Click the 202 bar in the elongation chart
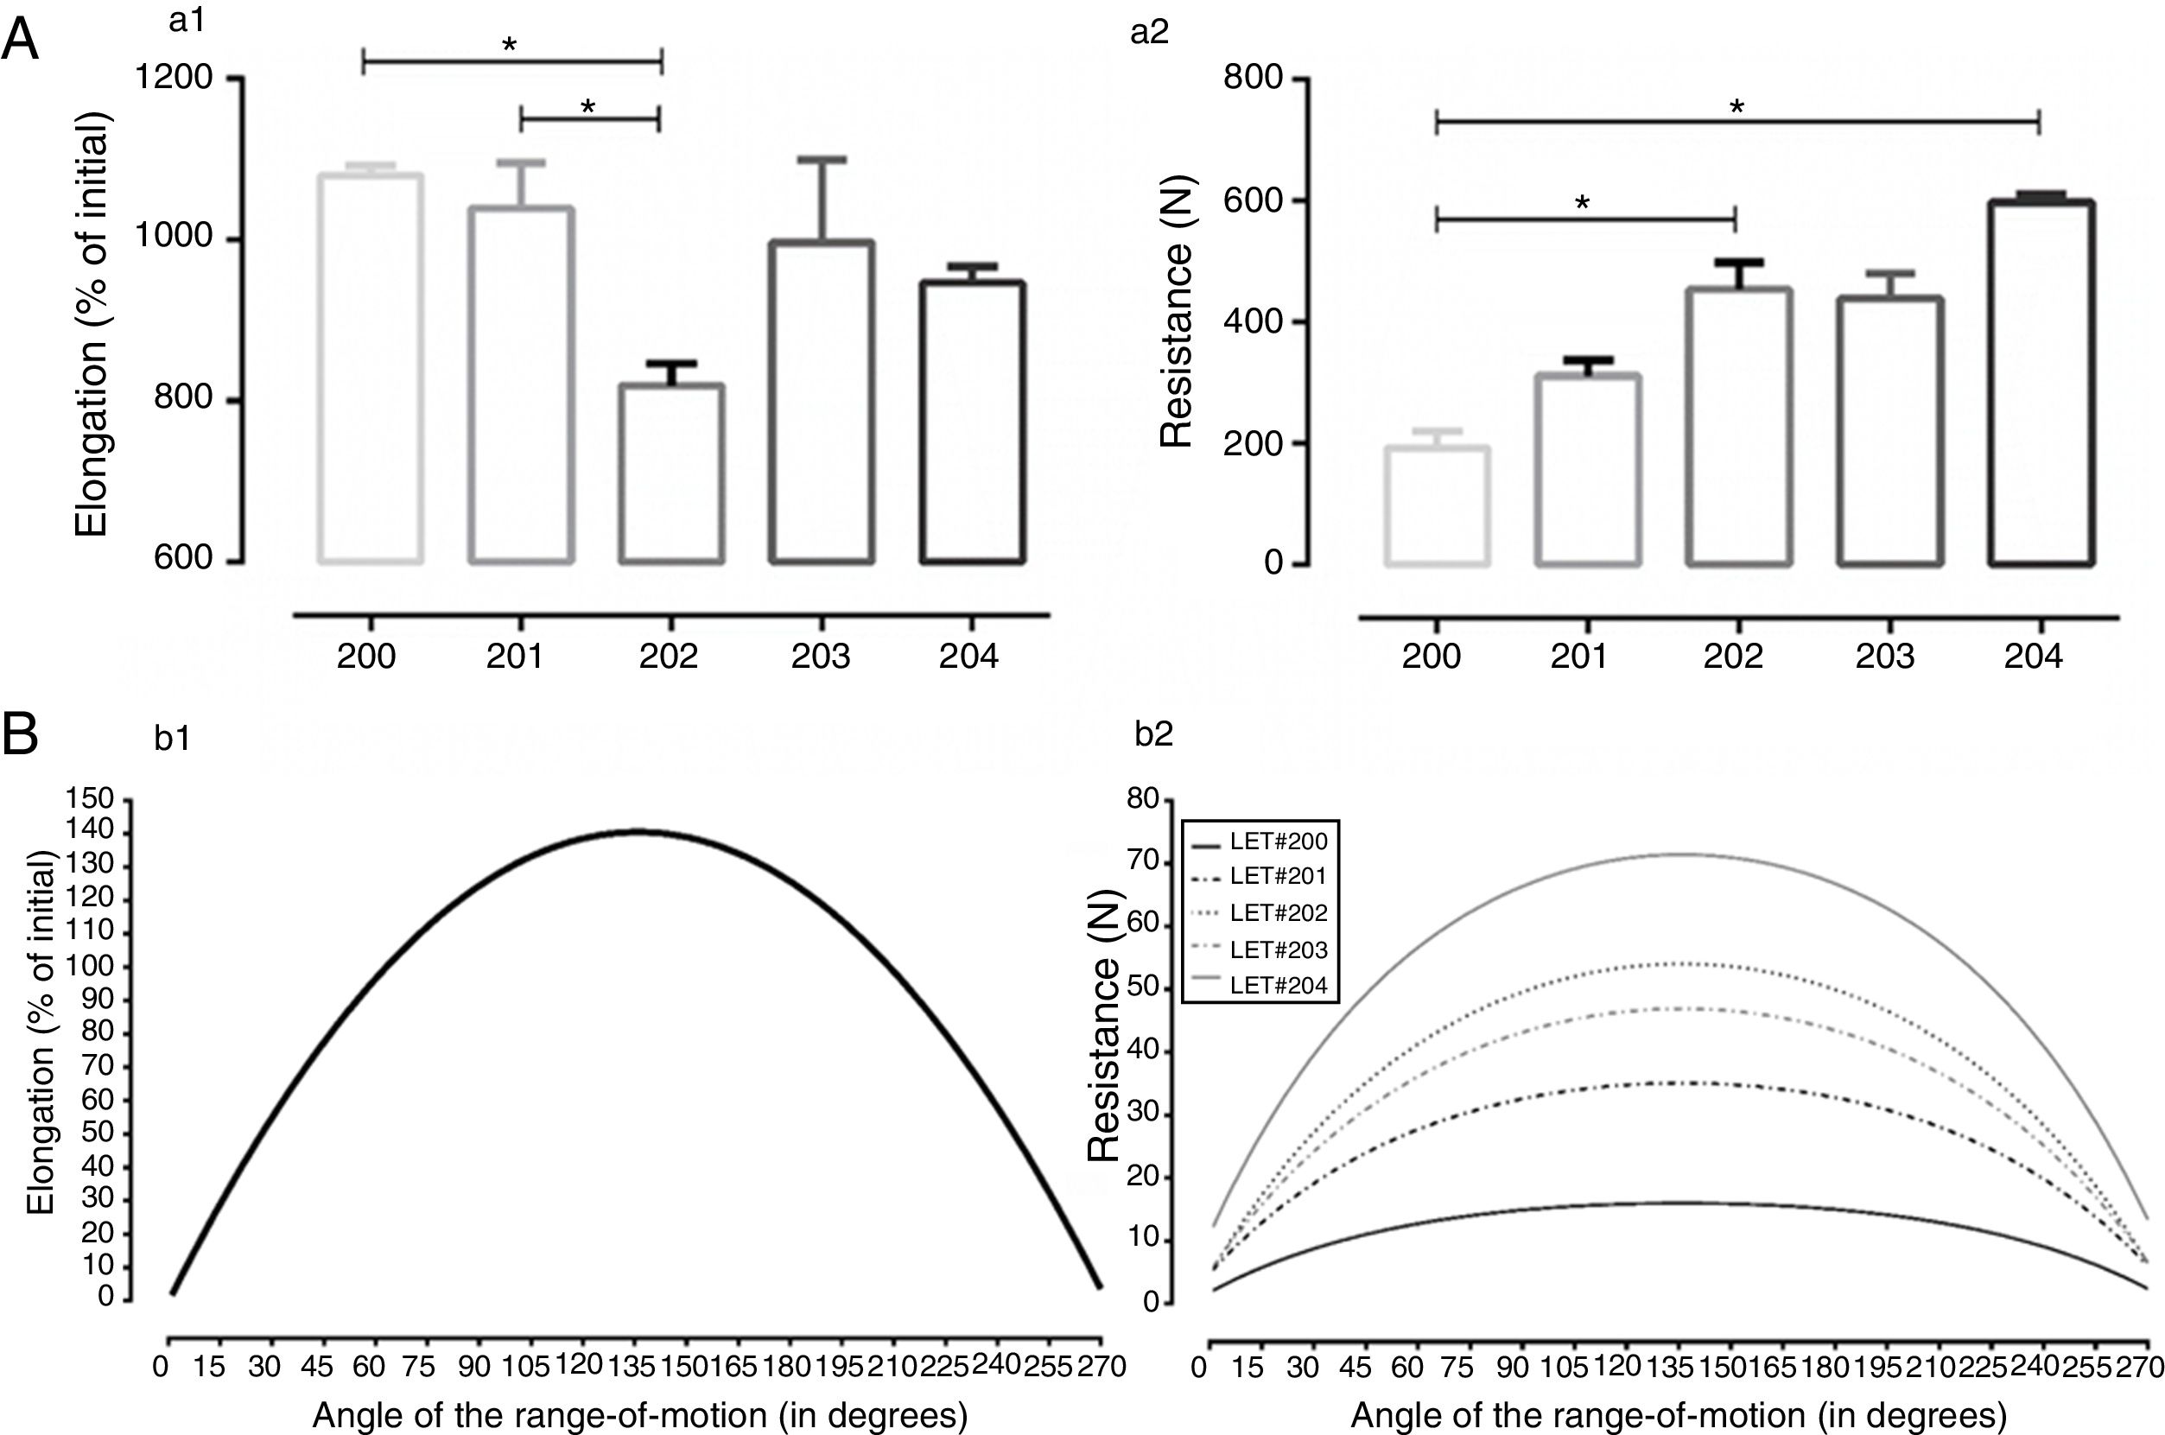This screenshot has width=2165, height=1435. click(670, 473)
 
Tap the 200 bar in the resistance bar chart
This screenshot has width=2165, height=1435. click(1437, 505)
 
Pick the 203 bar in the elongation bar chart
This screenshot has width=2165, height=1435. click(821, 403)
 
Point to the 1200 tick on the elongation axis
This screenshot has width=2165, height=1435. click(174, 78)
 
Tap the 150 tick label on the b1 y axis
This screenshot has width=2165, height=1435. click(91, 799)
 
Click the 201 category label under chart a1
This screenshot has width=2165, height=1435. click(514, 657)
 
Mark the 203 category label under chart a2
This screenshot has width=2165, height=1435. click(1885, 657)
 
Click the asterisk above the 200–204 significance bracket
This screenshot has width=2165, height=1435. click(1736, 108)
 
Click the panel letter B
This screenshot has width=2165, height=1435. click(20, 734)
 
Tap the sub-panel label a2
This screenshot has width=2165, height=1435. click(1149, 32)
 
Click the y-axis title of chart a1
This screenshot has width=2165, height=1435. click(92, 325)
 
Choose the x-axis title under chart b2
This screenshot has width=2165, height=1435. click(1679, 1415)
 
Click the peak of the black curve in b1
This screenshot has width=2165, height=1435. click(638, 831)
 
